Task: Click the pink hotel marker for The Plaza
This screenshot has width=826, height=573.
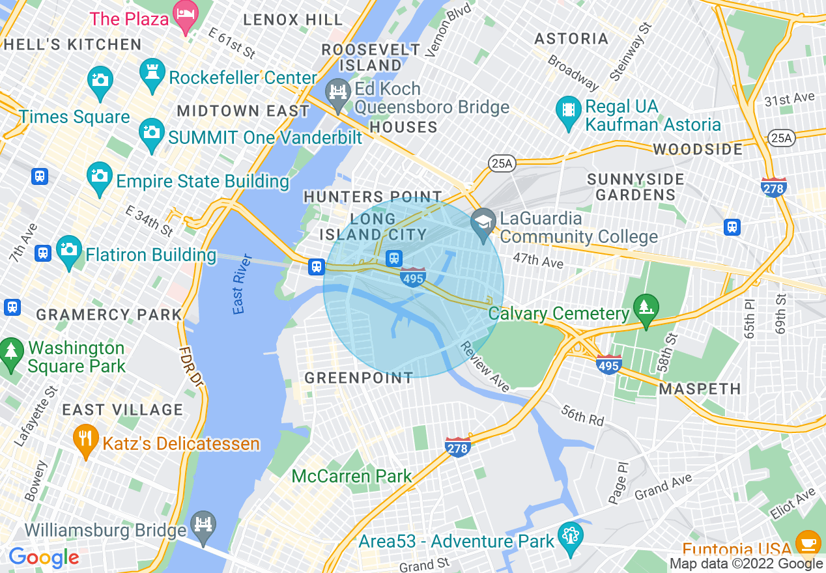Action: point(186,18)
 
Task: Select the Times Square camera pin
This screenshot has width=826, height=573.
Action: point(100,81)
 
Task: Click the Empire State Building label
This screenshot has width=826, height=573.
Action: point(202,181)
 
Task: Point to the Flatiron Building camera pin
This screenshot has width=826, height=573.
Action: point(69,252)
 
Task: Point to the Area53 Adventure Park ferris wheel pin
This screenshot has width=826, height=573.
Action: point(571,538)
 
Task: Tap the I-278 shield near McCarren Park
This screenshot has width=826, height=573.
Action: point(458,447)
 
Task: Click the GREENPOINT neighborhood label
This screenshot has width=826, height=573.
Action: point(359,378)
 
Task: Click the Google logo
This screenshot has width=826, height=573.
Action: point(44,558)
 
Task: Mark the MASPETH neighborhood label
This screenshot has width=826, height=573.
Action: point(700,389)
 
